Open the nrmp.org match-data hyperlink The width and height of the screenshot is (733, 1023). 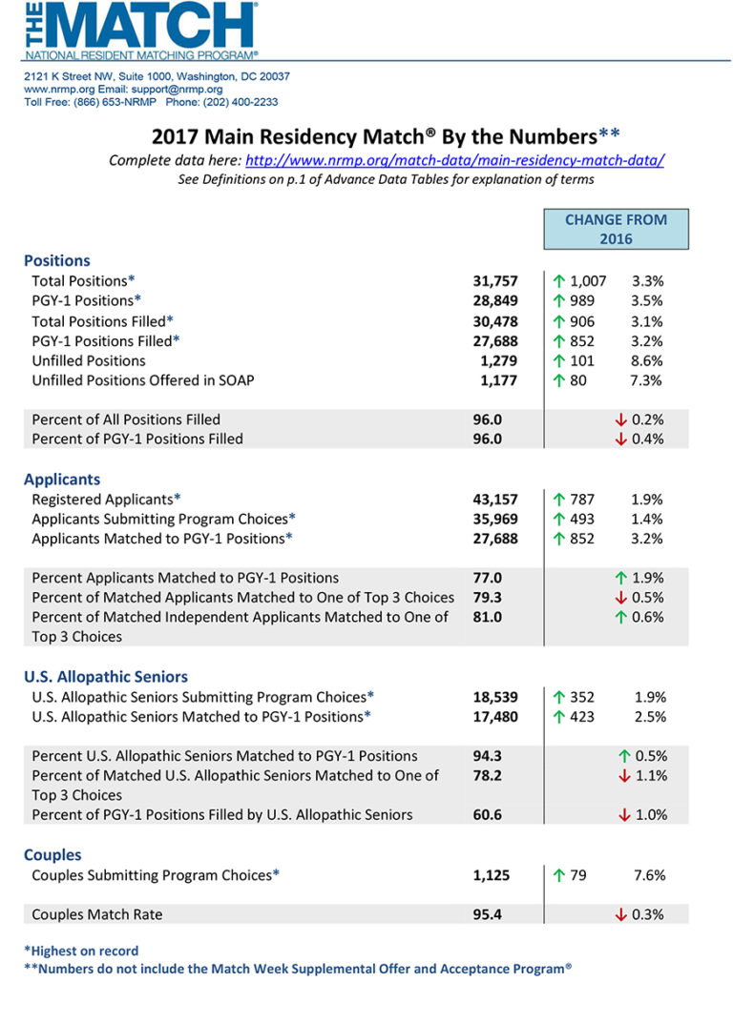[x=455, y=160]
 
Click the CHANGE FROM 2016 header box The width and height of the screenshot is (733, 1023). [x=616, y=229]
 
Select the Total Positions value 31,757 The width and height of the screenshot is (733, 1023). [x=495, y=281]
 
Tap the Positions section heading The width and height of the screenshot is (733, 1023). [x=57, y=260]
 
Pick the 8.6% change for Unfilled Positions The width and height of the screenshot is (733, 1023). [x=648, y=360]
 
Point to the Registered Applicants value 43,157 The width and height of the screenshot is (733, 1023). [x=495, y=499]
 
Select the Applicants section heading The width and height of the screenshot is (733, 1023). [x=62, y=480]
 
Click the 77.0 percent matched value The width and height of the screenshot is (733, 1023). [x=488, y=578]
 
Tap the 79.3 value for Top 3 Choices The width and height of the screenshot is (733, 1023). [x=488, y=598]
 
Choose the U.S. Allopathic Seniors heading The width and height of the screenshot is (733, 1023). [x=106, y=677]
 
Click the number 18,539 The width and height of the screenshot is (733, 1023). [x=495, y=697]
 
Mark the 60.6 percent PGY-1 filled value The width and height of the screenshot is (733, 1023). [x=488, y=815]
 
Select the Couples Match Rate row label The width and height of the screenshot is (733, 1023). [x=97, y=914]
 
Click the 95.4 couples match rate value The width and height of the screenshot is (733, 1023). [x=488, y=914]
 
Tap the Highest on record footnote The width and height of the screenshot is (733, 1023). [x=81, y=951]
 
